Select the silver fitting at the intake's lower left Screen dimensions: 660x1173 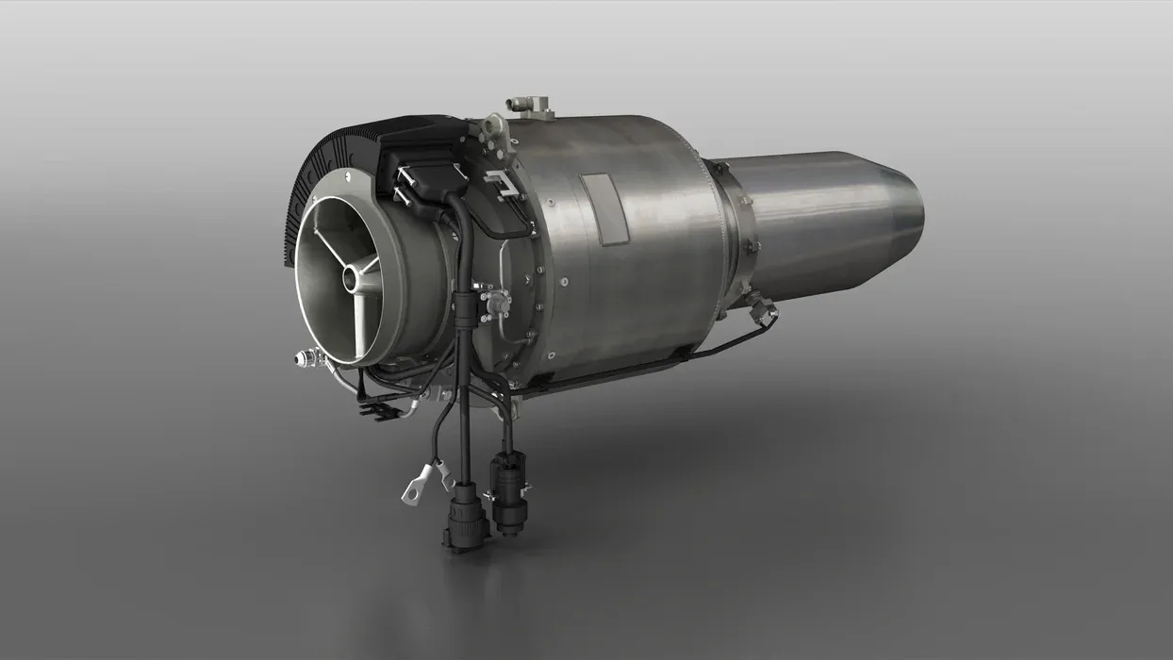tap(306, 358)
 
